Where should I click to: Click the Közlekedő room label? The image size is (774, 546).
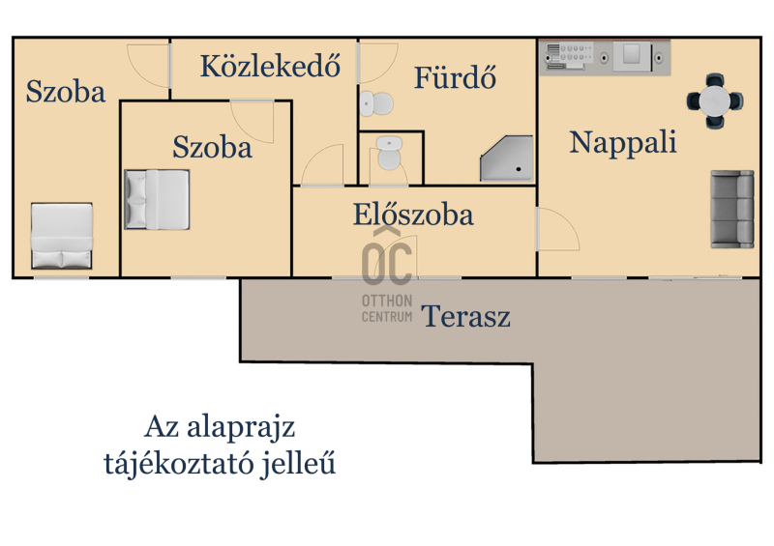coord(270,65)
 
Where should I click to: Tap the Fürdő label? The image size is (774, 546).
coord(455,77)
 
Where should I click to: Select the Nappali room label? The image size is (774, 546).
coord(623,142)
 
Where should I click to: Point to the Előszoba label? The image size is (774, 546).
coord(413,215)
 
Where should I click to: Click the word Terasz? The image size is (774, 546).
coord(465,316)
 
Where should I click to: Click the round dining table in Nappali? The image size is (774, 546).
coord(715,101)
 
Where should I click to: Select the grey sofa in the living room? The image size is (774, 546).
coord(732,209)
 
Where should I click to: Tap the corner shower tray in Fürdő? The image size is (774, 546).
coord(507,158)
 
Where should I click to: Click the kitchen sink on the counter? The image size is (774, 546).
coord(632,56)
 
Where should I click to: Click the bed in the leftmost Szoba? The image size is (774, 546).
coord(62,236)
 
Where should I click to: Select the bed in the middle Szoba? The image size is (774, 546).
coord(157,199)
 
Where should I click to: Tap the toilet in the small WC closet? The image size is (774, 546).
coord(390,154)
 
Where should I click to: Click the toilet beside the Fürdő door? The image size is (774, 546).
coord(376,103)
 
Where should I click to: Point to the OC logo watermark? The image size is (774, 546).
coord(387,257)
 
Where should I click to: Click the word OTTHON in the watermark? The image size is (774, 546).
coord(387,301)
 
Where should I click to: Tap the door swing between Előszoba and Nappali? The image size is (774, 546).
coord(558,229)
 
